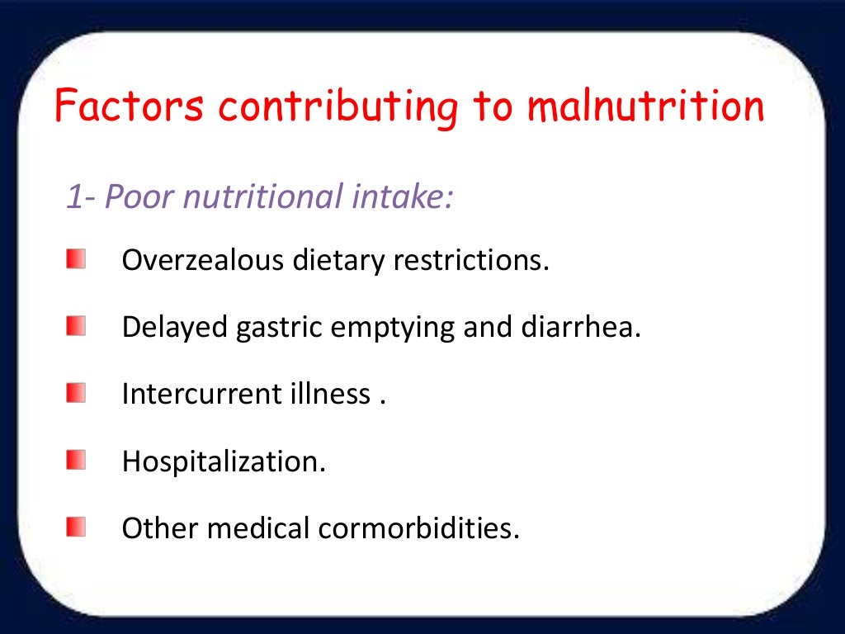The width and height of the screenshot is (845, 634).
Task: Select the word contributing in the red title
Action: [340, 108]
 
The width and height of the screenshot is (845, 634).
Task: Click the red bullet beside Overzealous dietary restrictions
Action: [76, 262]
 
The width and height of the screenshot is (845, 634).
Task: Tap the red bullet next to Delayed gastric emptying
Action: [76, 328]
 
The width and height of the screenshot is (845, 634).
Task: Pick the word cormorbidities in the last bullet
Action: [419, 527]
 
